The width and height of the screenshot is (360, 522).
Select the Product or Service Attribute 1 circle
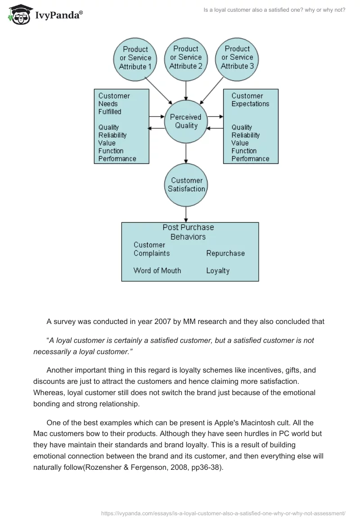pos(135,58)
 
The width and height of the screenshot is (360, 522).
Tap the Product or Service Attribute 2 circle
pos(186,58)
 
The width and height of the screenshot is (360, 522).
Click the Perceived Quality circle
pos(186,121)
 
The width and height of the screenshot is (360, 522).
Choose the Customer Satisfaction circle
pos(186,185)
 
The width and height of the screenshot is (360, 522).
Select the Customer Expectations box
pos(251,126)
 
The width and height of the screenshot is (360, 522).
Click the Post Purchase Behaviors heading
pos(188,232)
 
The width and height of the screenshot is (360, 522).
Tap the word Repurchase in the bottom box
pos(225,253)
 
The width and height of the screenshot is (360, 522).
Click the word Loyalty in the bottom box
pos(218,271)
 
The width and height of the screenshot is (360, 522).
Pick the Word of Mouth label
pos(157,270)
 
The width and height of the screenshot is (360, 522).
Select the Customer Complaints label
pos(151,249)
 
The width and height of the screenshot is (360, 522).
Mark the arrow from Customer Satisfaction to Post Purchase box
pos(186,214)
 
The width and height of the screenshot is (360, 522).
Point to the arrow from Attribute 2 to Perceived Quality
pos(186,90)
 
